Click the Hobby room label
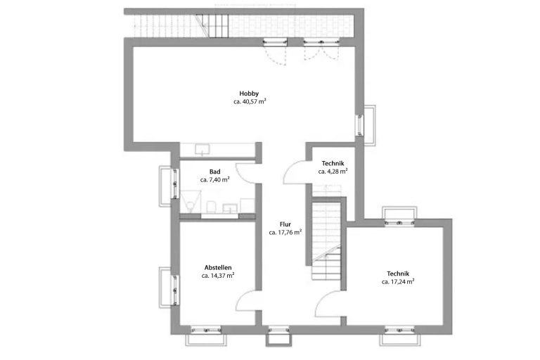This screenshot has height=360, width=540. (x=249, y=94)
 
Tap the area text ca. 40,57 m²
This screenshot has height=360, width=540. (x=250, y=102)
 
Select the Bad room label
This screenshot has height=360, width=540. (x=215, y=172)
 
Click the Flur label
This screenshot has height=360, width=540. (x=285, y=224)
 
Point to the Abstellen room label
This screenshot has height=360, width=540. (x=218, y=267)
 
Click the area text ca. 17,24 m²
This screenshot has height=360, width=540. (x=398, y=282)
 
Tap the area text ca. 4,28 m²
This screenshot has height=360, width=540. (x=333, y=172)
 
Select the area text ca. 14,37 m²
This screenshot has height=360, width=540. (x=218, y=276)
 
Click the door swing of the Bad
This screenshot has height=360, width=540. (x=245, y=173)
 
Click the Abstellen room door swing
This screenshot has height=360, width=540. (x=246, y=300)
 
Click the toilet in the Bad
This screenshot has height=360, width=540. (x=211, y=207)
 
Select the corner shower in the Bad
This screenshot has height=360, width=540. (x=191, y=201)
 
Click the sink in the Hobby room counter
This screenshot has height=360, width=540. (x=202, y=149)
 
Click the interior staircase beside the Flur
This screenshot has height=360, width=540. (x=326, y=241)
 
